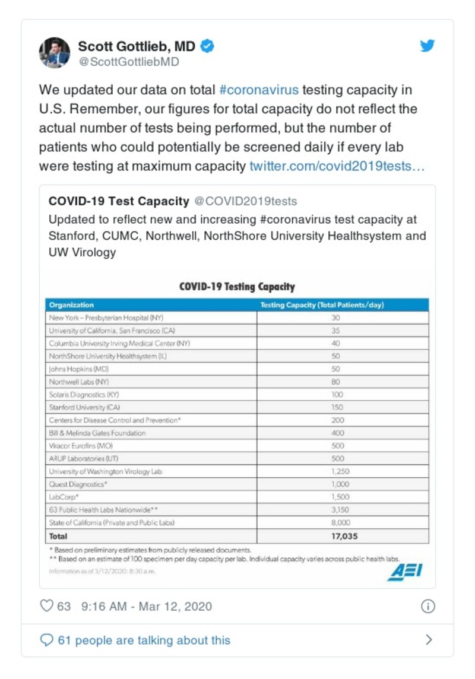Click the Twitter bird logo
pos(427,46)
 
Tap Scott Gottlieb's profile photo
pos(55,53)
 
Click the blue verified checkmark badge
pos(207,46)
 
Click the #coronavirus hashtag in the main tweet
pos(259,90)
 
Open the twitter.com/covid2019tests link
pos(337,166)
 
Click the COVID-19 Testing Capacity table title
pos(237,287)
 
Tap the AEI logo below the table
pos(405,572)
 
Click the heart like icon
pos(46,606)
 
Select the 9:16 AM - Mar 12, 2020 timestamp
pos(146,607)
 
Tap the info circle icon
pos(427,606)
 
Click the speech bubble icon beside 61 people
pos(46,640)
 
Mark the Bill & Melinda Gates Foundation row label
pos(97,433)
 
